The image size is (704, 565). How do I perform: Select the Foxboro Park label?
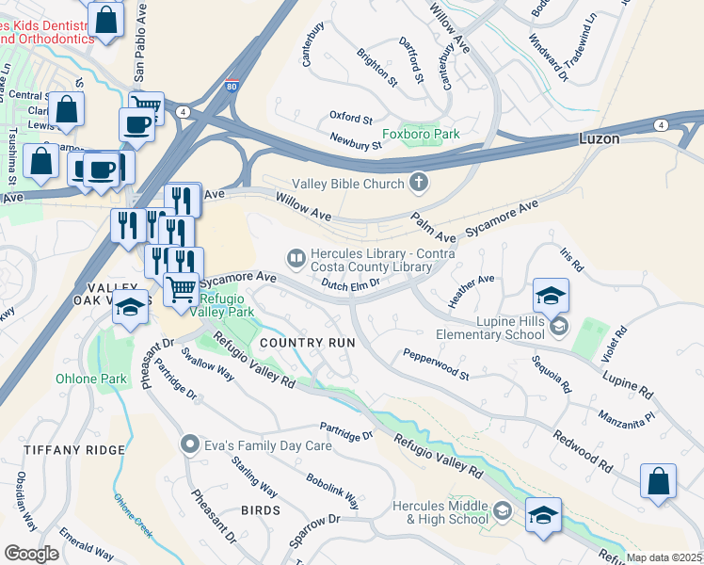tap(429, 135)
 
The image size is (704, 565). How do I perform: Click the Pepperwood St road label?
tap(436, 363)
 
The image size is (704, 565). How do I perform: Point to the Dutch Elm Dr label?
tap(349, 282)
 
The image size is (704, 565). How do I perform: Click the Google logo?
tap(31, 554)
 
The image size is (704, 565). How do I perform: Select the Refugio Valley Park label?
tap(226, 305)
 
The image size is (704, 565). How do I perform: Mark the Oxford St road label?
tap(351, 118)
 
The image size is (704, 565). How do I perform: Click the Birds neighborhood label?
tap(260, 510)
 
